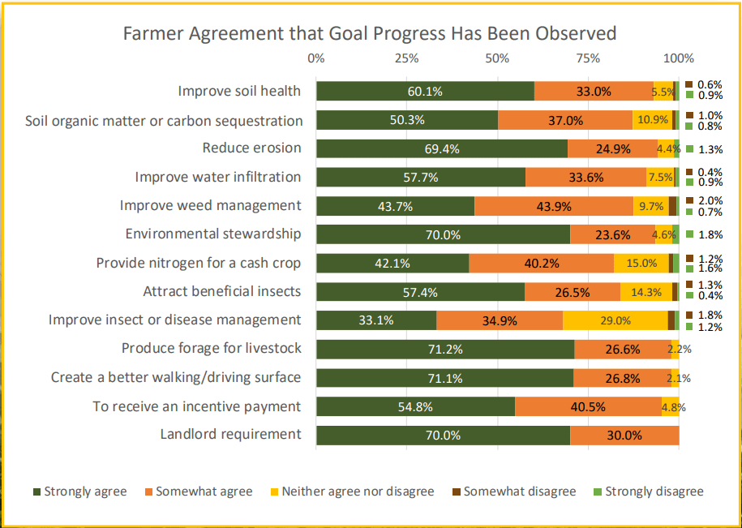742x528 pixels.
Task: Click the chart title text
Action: click(369, 33)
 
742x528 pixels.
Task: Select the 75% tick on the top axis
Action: click(588, 58)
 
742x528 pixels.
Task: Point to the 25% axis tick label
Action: click(406, 58)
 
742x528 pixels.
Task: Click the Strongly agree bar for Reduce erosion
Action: click(441, 148)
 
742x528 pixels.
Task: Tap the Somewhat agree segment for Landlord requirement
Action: click(624, 435)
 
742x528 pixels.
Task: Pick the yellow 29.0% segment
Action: click(615, 320)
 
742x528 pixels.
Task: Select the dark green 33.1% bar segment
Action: click(375, 320)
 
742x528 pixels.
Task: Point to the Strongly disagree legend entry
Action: click(648, 492)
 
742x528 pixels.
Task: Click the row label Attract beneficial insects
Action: click(221, 291)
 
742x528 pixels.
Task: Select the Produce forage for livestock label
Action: click(211, 348)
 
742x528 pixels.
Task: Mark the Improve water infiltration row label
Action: click(217, 177)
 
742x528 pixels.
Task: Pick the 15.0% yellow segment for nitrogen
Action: click(641, 263)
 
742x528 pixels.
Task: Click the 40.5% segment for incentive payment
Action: click(588, 406)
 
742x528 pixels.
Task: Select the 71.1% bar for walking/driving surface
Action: click(444, 378)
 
